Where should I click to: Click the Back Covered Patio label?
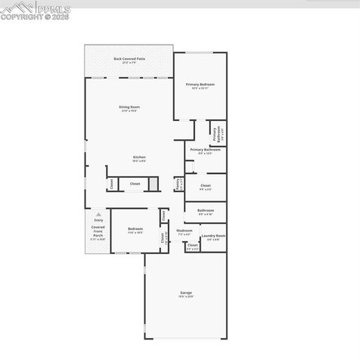tap(129, 58)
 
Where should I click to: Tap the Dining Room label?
tap(129, 107)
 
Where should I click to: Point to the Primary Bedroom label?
tap(200, 84)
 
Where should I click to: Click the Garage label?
tap(185, 293)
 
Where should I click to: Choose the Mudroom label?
tap(185, 231)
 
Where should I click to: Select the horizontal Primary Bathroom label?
tap(205, 150)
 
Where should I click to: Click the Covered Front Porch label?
tap(98, 231)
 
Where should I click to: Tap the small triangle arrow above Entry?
tap(98, 214)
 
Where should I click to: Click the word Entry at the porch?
tap(98, 220)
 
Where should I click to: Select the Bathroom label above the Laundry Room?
tap(206, 210)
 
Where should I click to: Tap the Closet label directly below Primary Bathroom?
tap(206, 185)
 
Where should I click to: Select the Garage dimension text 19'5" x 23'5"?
tap(185, 297)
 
